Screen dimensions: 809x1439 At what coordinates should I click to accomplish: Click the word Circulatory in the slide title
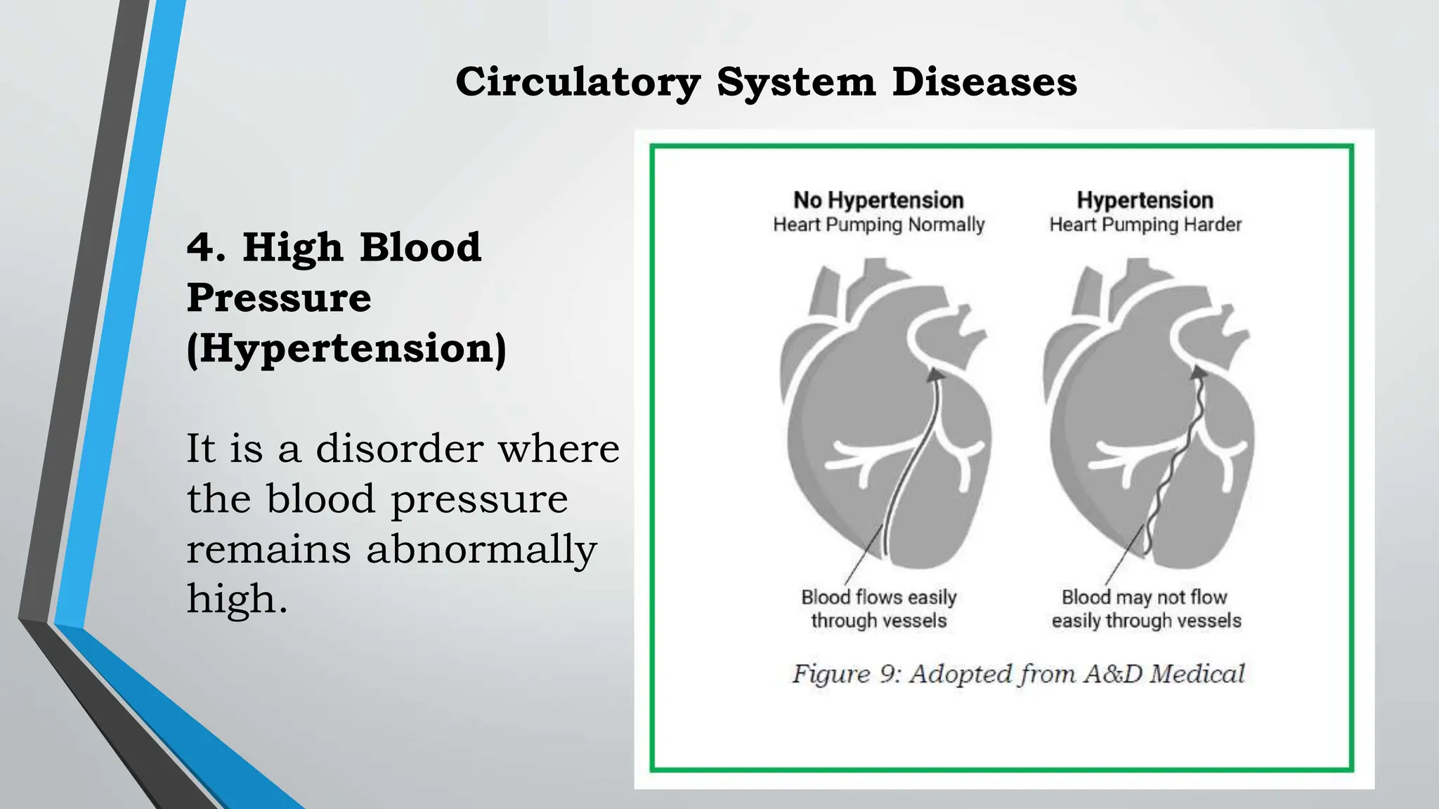[578, 82]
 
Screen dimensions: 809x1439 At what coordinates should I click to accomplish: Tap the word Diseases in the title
[984, 82]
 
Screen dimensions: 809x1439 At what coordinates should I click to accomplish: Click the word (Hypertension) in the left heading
[346, 348]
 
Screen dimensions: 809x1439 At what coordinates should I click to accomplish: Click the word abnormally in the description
[481, 549]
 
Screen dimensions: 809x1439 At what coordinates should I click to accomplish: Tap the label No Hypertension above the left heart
[878, 200]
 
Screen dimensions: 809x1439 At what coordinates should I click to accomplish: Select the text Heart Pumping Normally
[878, 225]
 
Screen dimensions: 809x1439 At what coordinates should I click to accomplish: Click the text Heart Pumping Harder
[1145, 225]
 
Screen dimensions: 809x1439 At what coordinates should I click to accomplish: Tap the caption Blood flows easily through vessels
[878, 609]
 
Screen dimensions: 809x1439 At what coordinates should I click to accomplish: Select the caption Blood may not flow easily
[1145, 609]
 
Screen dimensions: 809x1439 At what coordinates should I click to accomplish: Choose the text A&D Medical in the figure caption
[1164, 674]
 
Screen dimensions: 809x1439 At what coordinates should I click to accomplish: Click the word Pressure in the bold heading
[279, 298]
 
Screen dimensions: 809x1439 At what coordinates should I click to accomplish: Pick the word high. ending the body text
[237, 599]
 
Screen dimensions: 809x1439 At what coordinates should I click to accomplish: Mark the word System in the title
[796, 82]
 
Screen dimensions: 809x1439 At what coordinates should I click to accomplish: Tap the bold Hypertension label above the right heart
[1145, 200]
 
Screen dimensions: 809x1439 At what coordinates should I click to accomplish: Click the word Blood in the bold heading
[420, 248]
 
